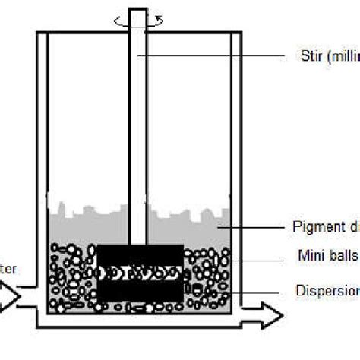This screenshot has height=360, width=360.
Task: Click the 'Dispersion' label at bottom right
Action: (326, 290)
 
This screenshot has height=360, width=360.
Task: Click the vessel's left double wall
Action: (42, 152)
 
